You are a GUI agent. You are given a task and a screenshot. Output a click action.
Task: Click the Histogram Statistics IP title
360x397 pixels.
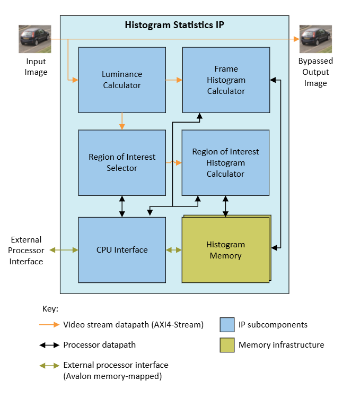click(x=174, y=25)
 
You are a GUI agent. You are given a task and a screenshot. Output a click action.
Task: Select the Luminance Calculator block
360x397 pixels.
click(x=122, y=80)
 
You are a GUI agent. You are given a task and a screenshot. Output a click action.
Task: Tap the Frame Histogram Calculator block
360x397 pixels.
click(x=226, y=80)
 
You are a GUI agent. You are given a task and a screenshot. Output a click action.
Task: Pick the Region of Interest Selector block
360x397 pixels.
click(x=122, y=162)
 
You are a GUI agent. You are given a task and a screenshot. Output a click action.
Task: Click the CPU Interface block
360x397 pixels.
click(x=122, y=249)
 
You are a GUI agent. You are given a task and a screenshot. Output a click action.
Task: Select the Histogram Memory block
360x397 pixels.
click(x=225, y=250)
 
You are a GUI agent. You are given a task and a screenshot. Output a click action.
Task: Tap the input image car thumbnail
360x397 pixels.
click(x=34, y=39)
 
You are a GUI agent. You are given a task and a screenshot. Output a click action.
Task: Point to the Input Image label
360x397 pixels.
click(x=37, y=67)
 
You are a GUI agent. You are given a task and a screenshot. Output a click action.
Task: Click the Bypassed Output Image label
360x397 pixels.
click(x=315, y=72)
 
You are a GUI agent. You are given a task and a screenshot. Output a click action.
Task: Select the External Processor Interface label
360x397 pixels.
click(x=26, y=250)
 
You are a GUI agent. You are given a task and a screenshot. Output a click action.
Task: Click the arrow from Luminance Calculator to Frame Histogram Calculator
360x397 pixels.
click(x=174, y=80)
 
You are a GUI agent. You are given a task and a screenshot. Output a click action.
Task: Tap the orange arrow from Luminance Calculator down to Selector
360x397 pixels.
click(x=122, y=121)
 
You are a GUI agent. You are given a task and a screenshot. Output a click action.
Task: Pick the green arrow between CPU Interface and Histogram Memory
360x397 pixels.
click(x=173, y=249)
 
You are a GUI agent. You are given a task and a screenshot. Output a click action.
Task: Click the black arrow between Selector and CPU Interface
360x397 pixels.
click(x=122, y=206)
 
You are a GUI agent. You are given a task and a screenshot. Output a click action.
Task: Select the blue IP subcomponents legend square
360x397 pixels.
click(x=227, y=325)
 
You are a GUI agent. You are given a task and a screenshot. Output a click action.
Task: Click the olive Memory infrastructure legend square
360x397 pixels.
click(x=227, y=345)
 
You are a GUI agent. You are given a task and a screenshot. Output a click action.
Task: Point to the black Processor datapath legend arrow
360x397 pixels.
click(x=49, y=345)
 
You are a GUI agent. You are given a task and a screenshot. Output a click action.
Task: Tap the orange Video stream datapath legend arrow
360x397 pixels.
click(x=49, y=325)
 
